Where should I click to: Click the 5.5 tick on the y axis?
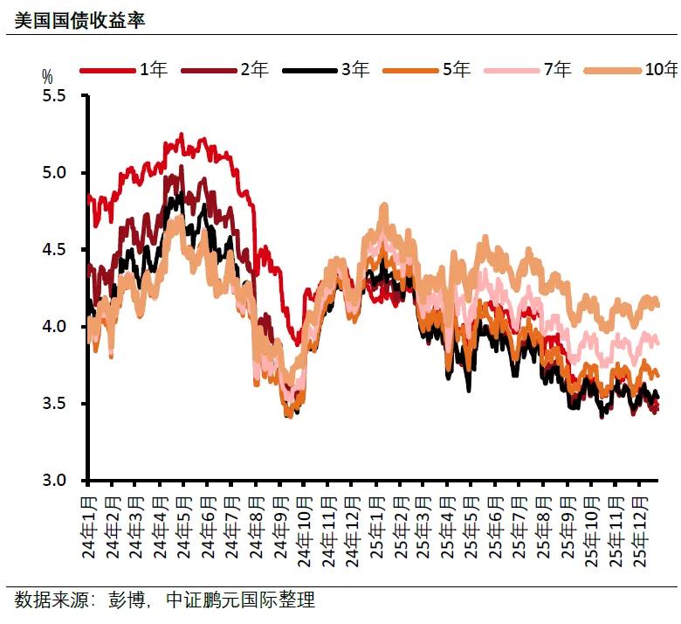[x=54, y=96]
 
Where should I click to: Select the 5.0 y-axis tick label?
[x=54, y=173]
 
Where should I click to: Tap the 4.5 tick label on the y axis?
[x=54, y=250]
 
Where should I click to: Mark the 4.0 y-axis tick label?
[x=54, y=327]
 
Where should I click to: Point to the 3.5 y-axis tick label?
[x=54, y=404]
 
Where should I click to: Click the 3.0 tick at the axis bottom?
[x=54, y=481]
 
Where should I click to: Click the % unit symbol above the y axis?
[x=47, y=76]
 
